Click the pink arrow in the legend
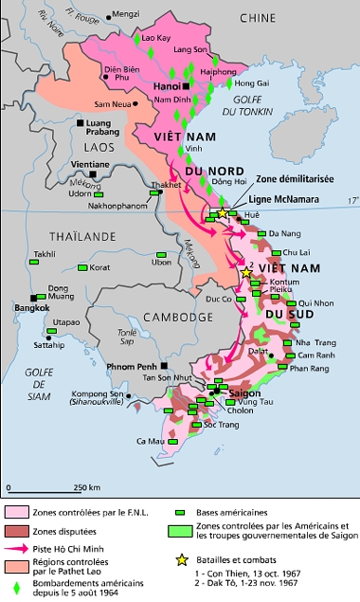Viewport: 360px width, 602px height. tap(18, 548)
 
